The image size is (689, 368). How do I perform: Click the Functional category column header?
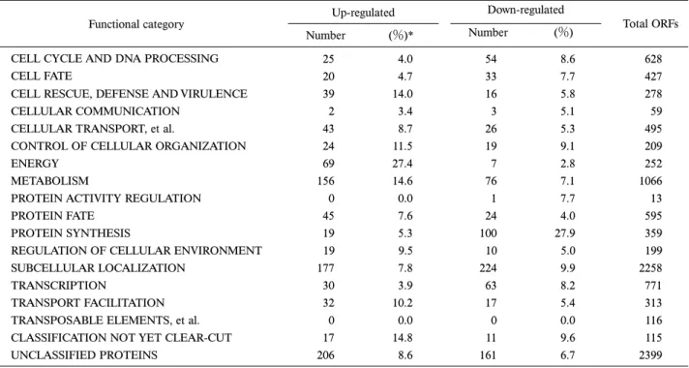136,24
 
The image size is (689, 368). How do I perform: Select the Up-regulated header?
364,13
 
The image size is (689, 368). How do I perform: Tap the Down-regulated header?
525,10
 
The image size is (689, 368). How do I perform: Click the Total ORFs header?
650,24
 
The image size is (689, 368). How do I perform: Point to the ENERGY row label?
35,164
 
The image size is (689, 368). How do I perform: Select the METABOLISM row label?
49,181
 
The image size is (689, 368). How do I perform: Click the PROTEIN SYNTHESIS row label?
71,233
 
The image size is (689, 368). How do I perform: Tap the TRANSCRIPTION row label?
58,286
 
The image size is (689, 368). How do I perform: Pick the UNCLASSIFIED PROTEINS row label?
84,355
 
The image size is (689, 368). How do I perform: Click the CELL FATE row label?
42,77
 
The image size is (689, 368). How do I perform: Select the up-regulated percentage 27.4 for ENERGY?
403,164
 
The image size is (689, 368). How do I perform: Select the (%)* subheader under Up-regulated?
402,36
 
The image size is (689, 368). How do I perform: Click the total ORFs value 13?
656,199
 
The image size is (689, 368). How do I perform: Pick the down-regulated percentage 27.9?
564,233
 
